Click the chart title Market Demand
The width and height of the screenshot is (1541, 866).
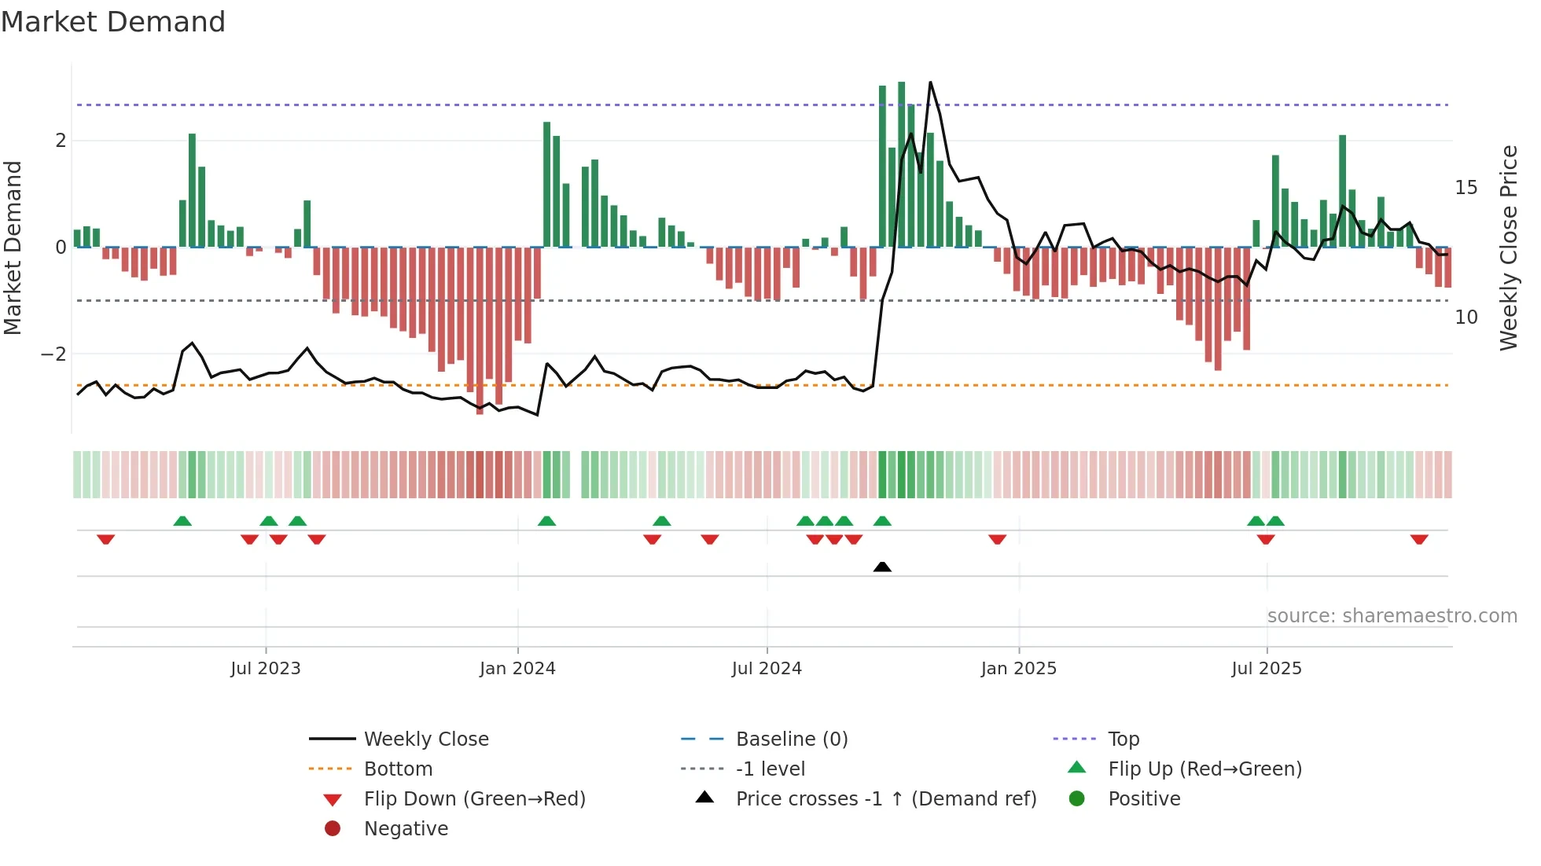point(113,22)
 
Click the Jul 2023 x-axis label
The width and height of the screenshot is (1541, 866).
point(266,669)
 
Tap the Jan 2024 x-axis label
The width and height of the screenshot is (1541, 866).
point(517,669)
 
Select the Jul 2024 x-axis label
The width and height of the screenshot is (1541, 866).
point(767,669)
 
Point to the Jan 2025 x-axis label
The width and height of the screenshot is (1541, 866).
point(1019,669)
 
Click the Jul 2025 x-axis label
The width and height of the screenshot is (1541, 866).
point(1267,669)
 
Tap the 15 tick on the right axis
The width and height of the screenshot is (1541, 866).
point(1466,188)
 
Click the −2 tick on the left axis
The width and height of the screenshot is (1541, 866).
point(53,354)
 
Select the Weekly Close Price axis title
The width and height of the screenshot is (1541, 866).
point(1508,248)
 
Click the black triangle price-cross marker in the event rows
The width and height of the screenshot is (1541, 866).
point(882,567)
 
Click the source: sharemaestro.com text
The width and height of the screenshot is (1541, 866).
point(1392,616)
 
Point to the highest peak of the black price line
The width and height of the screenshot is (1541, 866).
point(930,83)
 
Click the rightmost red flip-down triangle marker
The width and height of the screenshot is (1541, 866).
point(1419,540)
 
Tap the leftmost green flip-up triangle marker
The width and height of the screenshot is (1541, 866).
point(182,521)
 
